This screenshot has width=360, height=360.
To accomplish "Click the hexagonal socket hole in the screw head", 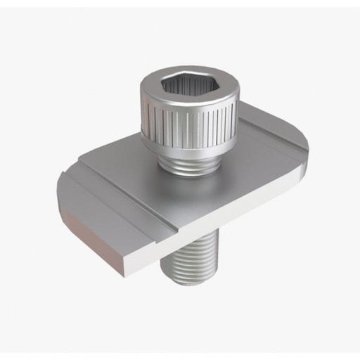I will (x=188, y=86).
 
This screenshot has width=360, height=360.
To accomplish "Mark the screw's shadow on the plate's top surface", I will (x=232, y=176).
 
